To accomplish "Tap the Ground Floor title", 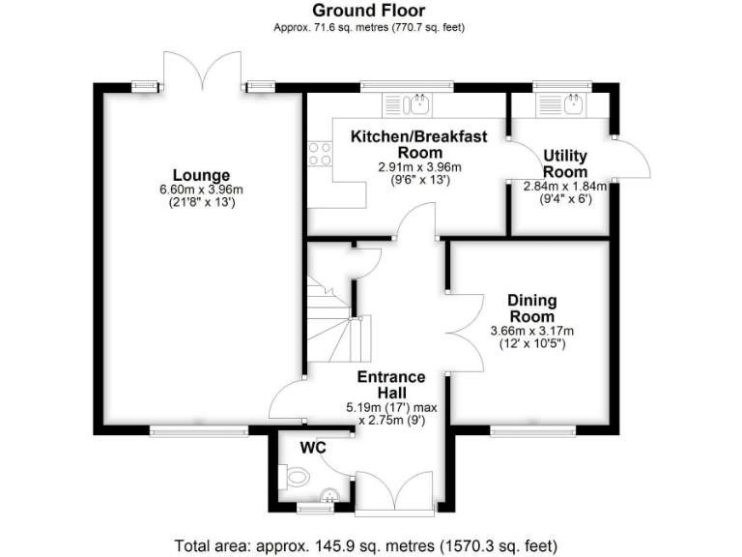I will click(x=370, y=11).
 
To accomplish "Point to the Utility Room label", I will click(x=565, y=162).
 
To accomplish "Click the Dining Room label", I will click(x=530, y=308).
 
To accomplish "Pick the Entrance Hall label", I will click(x=390, y=385).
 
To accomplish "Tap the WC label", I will click(x=312, y=449).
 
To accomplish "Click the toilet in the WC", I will click(x=296, y=476).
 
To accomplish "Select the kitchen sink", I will click(x=421, y=102).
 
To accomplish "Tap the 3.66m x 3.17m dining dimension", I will click(x=530, y=331).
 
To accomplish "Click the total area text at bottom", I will click(x=366, y=543).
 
